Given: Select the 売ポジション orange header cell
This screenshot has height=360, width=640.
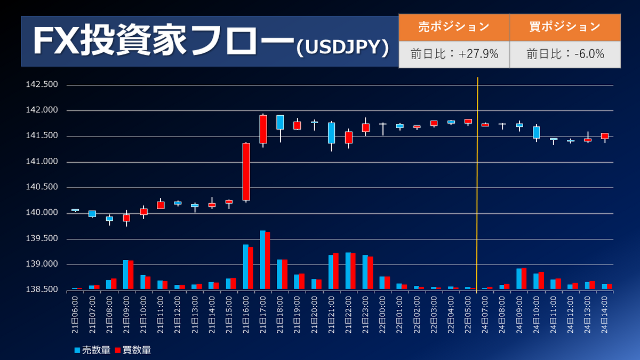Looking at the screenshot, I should tap(454, 27).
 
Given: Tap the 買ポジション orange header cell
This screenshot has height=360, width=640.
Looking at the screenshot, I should tap(565, 27).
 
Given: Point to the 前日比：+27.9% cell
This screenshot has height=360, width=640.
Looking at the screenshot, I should tap(454, 54).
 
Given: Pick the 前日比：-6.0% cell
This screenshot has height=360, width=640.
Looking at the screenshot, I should tap(565, 54).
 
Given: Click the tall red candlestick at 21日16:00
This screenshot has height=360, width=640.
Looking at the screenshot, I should tap(246, 172).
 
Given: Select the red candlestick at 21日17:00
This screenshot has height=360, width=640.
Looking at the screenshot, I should tap(263, 129).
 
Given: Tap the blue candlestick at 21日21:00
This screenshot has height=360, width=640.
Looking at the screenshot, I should tap(331, 133).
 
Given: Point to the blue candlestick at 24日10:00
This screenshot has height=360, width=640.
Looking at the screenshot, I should tap(537, 132).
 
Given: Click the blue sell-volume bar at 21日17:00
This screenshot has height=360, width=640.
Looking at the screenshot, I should tap(262, 260).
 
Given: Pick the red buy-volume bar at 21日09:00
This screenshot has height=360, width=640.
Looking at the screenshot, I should tap(131, 275).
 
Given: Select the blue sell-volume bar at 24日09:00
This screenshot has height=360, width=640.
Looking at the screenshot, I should tap(519, 279).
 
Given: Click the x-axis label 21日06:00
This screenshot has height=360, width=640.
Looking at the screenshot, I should tap(75, 314).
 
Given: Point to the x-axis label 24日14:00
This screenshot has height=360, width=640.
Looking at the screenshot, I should tap(605, 314).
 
